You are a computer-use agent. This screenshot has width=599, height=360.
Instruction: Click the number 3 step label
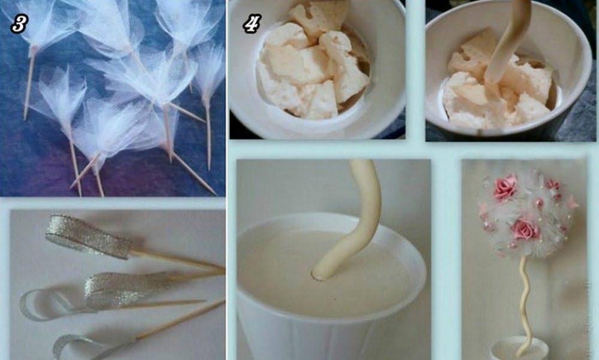(x=19, y=24)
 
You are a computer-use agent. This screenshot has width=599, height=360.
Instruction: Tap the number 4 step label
(x=252, y=23)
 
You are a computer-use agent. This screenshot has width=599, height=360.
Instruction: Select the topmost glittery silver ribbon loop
(x=89, y=236)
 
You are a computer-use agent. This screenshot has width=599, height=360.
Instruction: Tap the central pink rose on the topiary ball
(x=525, y=229)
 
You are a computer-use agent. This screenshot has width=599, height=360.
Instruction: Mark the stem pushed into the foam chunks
(x=506, y=42)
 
